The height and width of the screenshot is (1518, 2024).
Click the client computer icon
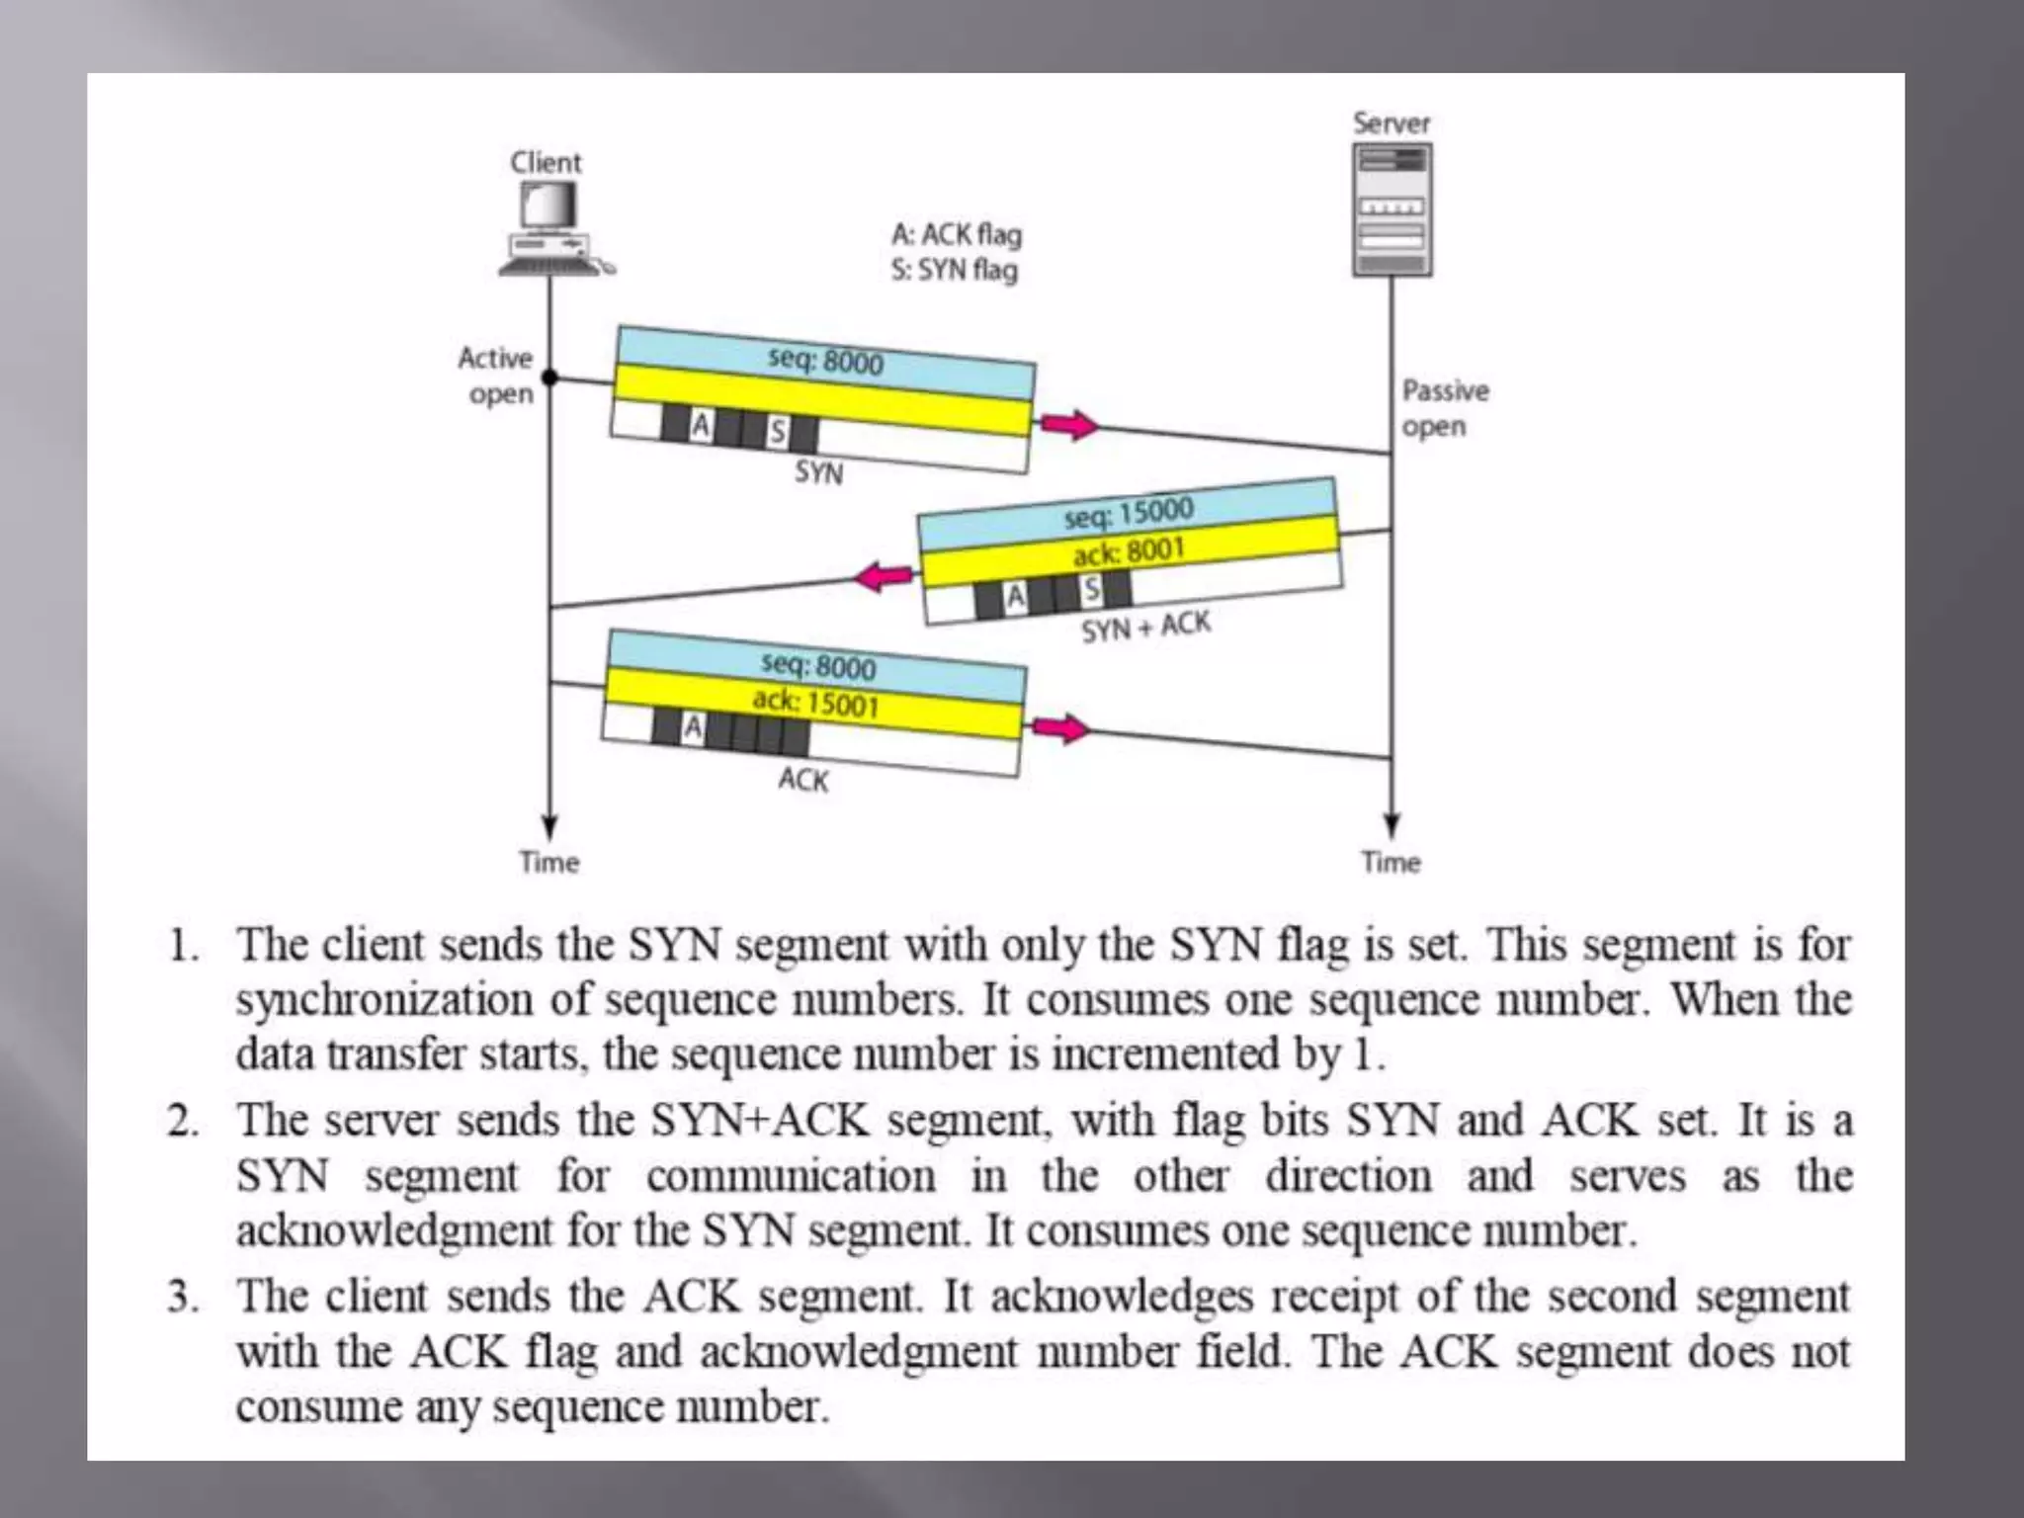click(552, 230)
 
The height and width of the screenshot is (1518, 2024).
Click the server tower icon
click(1391, 210)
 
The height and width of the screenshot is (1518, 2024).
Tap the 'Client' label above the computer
click(546, 162)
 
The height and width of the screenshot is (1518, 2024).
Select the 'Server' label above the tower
click(1391, 124)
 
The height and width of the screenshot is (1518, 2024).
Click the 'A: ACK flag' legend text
click(957, 234)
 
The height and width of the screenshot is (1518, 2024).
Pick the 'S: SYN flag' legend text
click(954, 270)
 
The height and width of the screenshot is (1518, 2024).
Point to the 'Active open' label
click(496, 376)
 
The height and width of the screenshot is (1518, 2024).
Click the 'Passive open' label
click(1445, 408)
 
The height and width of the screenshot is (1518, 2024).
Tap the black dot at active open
click(550, 378)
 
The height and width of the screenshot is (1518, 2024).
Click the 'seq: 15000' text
click(1129, 512)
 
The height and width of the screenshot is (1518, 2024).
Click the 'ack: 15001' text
click(815, 702)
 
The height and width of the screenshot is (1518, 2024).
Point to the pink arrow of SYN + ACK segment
click(884, 576)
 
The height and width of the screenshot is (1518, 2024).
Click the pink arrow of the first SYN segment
click(1069, 425)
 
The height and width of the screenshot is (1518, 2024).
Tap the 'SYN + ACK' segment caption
click(1145, 627)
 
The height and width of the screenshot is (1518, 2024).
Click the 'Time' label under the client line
click(549, 862)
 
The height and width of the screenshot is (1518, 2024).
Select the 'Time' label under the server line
click(1391, 862)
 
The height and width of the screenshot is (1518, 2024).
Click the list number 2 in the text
click(183, 1121)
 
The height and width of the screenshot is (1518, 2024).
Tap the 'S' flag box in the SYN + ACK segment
click(1090, 590)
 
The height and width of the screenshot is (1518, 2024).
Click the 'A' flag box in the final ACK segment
click(694, 727)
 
